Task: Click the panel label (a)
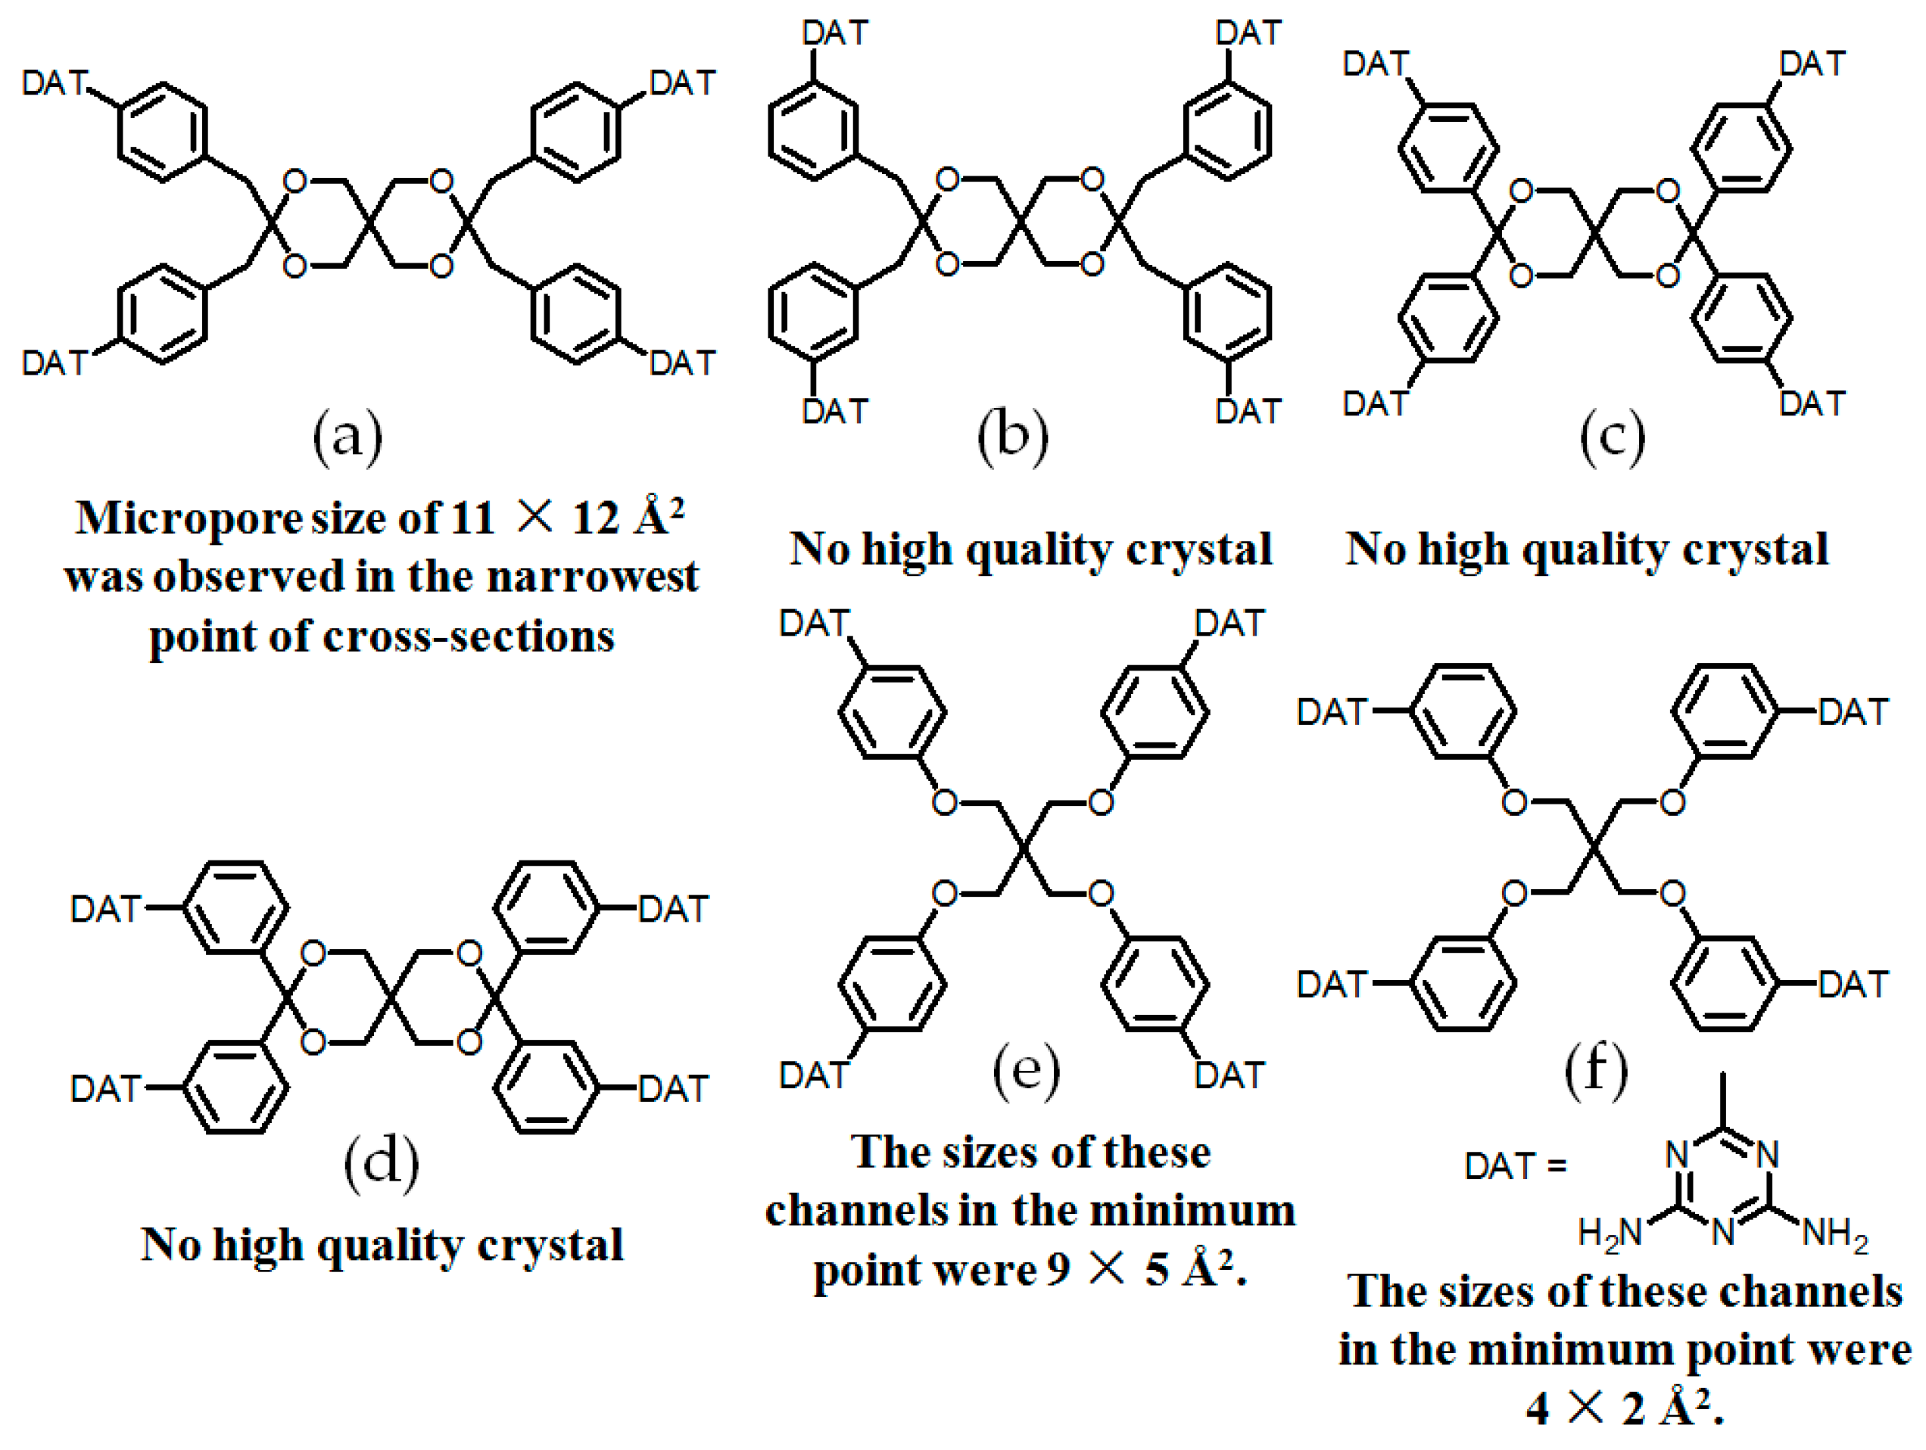(347, 436)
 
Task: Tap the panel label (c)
(1612, 436)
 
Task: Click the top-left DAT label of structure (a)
(55, 83)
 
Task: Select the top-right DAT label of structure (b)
(1248, 33)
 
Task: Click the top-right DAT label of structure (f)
(1853, 712)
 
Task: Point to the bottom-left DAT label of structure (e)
(813, 1075)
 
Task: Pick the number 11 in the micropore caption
(472, 518)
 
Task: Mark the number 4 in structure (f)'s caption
(1538, 1408)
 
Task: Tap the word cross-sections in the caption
(469, 636)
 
